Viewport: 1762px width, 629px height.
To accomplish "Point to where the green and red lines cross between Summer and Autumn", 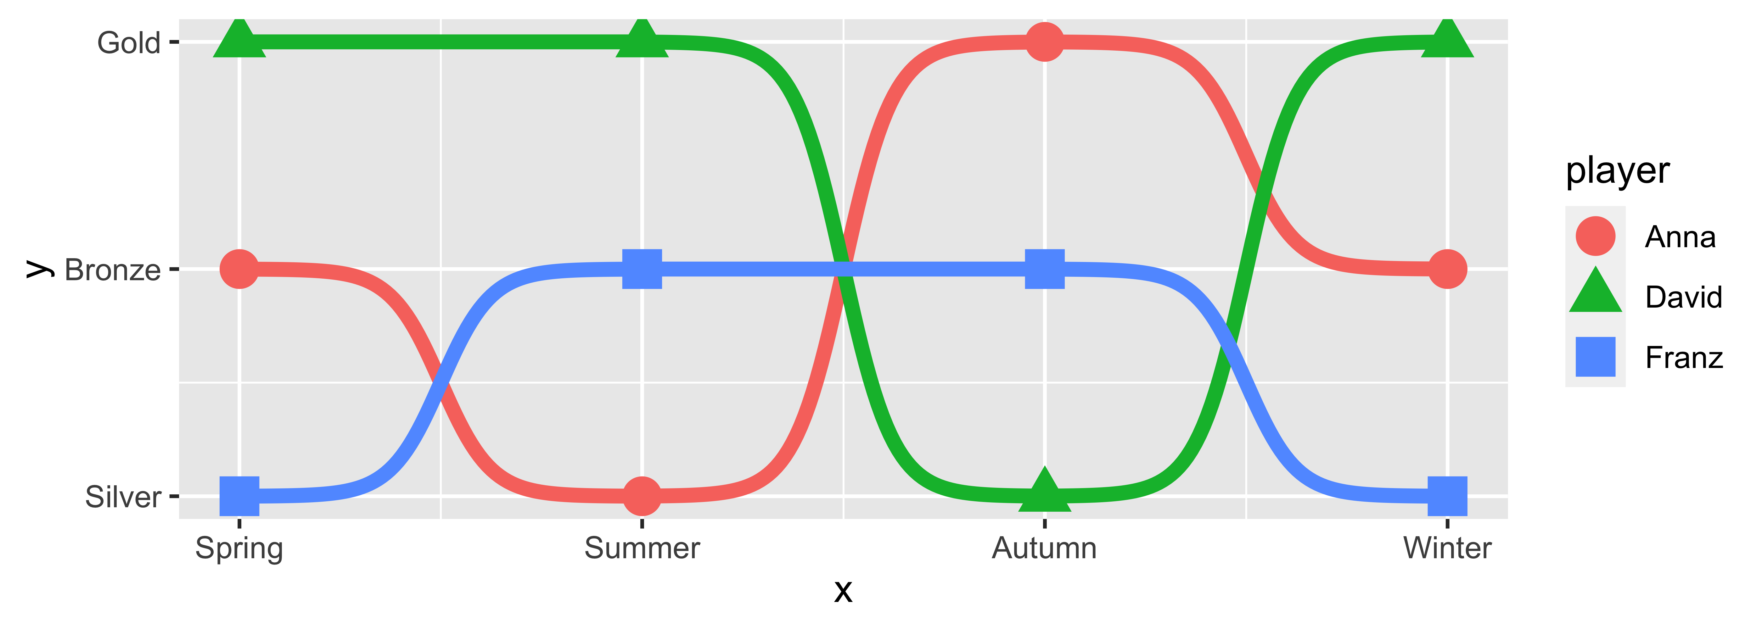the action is click(x=843, y=269).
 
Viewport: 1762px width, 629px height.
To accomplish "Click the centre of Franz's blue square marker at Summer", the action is click(x=642, y=269).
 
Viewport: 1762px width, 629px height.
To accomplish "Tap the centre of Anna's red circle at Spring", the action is click(x=239, y=269).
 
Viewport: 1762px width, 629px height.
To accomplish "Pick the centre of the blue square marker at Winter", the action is click(x=1447, y=496).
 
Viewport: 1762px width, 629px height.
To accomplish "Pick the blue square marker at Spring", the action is click(x=239, y=496).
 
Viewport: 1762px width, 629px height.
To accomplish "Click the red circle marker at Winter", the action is click(x=1447, y=269).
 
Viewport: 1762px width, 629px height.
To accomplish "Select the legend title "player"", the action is click(x=1618, y=171).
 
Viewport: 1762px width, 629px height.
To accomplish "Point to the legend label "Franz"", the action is click(x=1684, y=358).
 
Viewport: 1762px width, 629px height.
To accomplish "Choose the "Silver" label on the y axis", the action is click(x=123, y=497).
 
